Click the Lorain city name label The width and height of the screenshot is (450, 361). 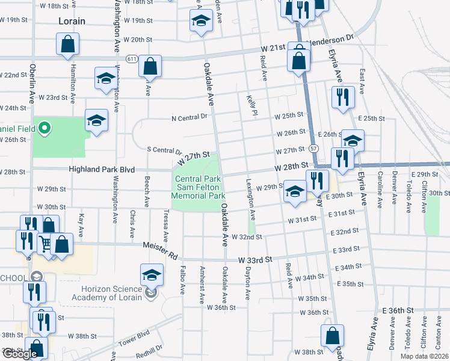click(72, 21)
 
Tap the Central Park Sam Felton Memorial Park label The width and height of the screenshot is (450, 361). click(198, 187)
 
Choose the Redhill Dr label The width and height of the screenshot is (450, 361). click(149, 350)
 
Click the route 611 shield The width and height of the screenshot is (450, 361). click(131, 58)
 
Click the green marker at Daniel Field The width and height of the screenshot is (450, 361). click(43, 128)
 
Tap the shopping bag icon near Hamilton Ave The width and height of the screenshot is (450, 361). click(67, 44)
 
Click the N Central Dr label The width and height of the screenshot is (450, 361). click(188, 118)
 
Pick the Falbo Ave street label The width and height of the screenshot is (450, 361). click(182, 282)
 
